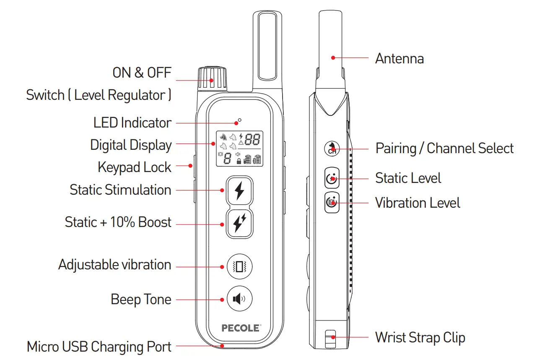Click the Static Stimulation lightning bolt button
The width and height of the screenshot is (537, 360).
pyautogui.click(x=239, y=190)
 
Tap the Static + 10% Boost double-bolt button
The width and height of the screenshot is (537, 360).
pyautogui.click(x=239, y=224)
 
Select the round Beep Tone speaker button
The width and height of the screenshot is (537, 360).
pyautogui.click(x=239, y=299)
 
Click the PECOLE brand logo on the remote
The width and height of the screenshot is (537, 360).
pyautogui.click(x=241, y=328)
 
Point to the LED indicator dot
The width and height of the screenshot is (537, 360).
pyautogui.click(x=239, y=120)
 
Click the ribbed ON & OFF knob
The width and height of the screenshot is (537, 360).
pyautogui.click(x=212, y=78)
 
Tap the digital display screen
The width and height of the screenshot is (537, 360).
pyautogui.click(x=239, y=149)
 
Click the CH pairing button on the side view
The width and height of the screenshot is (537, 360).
pyautogui.click(x=332, y=148)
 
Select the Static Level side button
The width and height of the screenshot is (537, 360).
pyautogui.click(x=332, y=179)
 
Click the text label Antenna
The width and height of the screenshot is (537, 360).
pyautogui.click(x=399, y=58)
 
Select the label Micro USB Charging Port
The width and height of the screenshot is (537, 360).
pyautogui.click(x=99, y=347)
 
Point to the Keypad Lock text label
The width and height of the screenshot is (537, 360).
pyautogui.click(x=134, y=167)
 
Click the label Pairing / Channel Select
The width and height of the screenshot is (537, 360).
pyautogui.click(x=444, y=149)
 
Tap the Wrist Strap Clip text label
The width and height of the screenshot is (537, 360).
pyautogui.click(x=420, y=338)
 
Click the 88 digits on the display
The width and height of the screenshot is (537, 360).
pyautogui.click(x=253, y=139)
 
